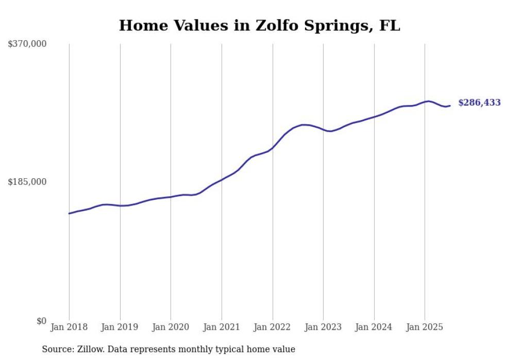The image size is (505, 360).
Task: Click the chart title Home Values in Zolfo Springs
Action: tap(259, 25)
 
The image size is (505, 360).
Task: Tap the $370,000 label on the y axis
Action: tap(27, 44)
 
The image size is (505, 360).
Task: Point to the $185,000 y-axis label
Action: tap(27, 182)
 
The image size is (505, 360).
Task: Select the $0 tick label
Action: tap(41, 321)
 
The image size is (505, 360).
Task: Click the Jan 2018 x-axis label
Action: tap(69, 327)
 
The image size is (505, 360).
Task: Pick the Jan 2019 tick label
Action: tap(120, 327)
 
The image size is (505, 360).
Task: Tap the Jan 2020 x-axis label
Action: tap(171, 327)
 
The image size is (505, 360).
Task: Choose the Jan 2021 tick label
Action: tap(222, 327)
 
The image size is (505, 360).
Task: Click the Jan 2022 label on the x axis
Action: tap(273, 327)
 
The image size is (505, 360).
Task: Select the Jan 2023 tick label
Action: tap(323, 327)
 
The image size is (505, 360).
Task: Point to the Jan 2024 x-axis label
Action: tap(374, 327)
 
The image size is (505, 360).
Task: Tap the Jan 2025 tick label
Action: tap(425, 327)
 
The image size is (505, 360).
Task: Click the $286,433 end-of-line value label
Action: tap(479, 103)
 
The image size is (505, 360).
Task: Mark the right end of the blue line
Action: tap(450, 106)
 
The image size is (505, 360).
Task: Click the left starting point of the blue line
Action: tap(69, 213)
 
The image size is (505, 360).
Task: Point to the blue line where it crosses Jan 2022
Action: tap(273, 147)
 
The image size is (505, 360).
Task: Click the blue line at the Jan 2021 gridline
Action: tap(222, 180)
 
